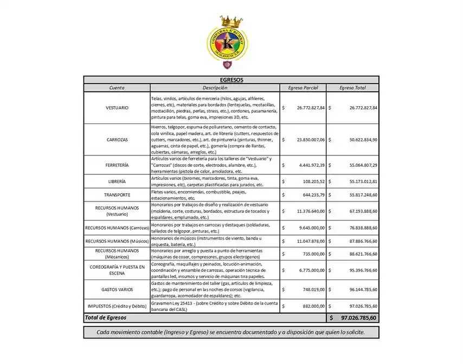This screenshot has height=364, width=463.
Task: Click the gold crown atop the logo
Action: click(x=231, y=21)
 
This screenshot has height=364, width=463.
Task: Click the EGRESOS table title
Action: click(x=232, y=80)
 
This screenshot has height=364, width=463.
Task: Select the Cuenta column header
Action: click(x=117, y=87)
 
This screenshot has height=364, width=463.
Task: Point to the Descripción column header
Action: click(x=215, y=87)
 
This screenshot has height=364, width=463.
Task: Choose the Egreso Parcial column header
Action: click(x=303, y=87)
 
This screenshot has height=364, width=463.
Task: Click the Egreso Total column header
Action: click(x=352, y=87)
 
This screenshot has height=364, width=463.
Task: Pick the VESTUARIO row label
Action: click(x=117, y=108)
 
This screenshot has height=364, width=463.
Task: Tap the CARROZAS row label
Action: click(x=117, y=139)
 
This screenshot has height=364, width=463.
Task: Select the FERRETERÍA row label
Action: click(x=117, y=164)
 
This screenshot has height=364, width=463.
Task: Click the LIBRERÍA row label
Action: click(x=117, y=181)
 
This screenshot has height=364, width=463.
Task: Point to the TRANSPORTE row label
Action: click(x=117, y=195)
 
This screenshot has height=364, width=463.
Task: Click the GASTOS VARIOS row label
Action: click(x=117, y=289)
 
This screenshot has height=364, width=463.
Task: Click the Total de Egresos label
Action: click(x=106, y=317)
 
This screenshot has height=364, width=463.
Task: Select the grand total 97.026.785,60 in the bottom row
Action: click(x=358, y=317)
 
